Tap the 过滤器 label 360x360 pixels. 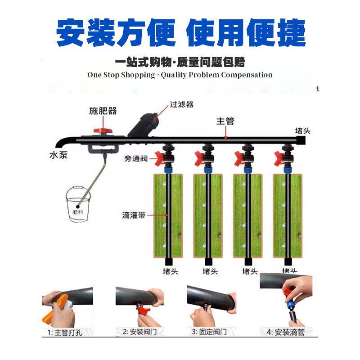[182, 104]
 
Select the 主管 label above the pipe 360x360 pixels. [225, 121]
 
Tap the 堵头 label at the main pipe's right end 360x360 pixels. [302, 130]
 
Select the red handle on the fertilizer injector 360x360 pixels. [102, 131]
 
